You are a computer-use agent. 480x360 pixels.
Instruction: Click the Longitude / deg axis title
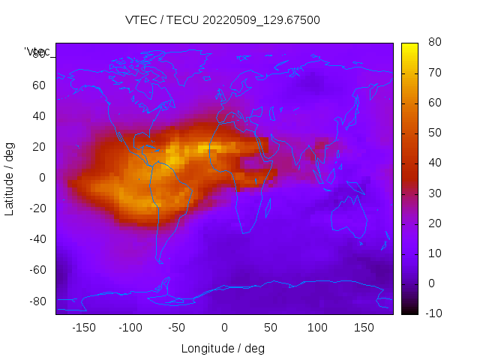(223, 349)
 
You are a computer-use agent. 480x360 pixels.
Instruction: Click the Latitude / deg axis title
(10, 178)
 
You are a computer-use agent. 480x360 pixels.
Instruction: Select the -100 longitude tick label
(130, 327)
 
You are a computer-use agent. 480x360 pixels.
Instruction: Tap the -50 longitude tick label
(177, 327)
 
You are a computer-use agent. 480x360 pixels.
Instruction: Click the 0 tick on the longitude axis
(224, 327)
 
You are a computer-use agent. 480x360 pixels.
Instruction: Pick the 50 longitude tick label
(271, 327)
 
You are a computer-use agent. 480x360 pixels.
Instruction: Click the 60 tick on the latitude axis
(39, 85)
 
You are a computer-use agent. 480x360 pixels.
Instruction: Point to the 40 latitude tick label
(39, 116)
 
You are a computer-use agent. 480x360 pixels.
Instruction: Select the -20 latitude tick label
(37, 208)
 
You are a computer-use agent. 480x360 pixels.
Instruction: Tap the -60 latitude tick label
(37, 270)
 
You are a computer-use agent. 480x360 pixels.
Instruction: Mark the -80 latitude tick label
(37, 301)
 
